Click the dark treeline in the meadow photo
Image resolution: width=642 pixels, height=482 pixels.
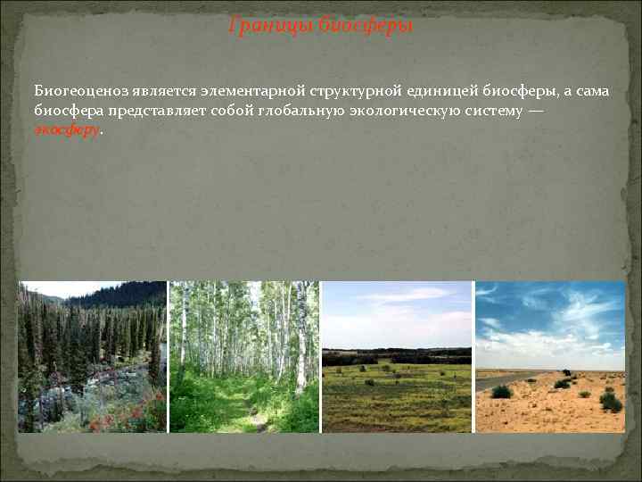point(397,356)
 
